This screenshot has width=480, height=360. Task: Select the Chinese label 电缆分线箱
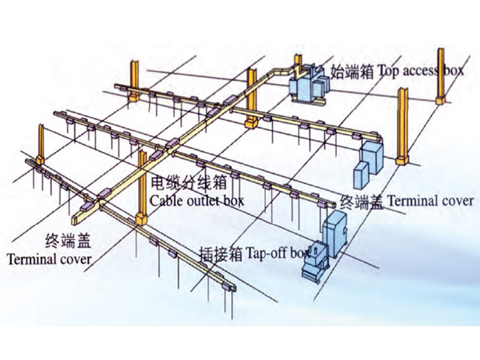pos(180,182)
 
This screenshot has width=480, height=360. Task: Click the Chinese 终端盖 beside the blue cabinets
pos(362,201)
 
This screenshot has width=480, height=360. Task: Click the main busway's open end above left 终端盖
pos(78,220)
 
